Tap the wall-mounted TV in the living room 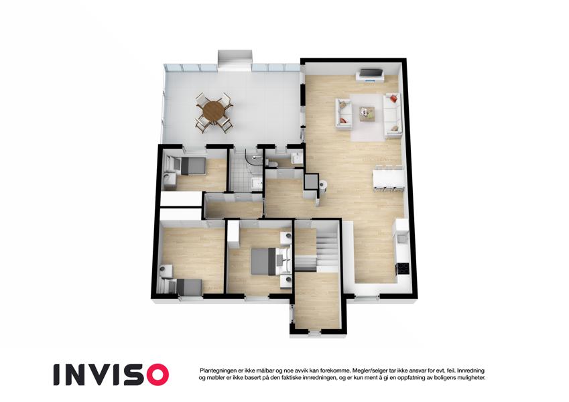click(x=371, y=74)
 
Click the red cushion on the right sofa click(x=393, y=98)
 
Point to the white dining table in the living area click(x=389, y=178)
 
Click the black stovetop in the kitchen click(x=403, y=268)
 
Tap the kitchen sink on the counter click(x=401, y=239)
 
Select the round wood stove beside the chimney click(x=323, y=186)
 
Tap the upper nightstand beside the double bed click(x=286, y=237)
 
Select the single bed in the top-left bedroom click(x=190, y=166)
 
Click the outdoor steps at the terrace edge click(x=235, y=59)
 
